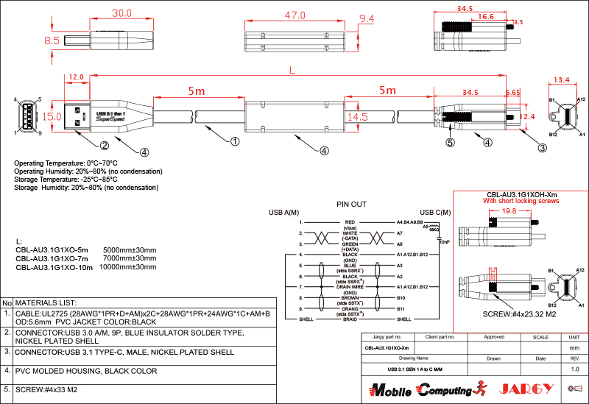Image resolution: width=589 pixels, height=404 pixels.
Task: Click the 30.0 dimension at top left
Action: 121,13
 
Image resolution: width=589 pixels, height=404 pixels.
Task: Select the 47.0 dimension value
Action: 294,15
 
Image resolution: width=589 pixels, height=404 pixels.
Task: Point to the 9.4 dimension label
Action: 366,18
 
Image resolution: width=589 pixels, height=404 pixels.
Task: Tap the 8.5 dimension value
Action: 52,41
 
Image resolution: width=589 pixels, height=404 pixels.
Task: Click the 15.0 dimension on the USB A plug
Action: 52,116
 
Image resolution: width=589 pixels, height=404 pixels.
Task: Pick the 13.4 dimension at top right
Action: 562,79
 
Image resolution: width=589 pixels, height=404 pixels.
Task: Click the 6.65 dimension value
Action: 513,93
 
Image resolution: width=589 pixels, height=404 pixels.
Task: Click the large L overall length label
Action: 293,70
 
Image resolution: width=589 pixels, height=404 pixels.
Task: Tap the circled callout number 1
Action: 235,141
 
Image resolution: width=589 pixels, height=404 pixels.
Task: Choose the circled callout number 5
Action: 450,143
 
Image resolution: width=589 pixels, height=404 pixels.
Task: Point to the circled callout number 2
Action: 105,145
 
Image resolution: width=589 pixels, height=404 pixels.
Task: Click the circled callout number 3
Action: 542,148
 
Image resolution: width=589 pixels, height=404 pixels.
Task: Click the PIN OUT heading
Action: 351,203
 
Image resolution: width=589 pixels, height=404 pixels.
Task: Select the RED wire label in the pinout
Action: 350,221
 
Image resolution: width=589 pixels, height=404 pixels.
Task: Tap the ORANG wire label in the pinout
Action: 350,310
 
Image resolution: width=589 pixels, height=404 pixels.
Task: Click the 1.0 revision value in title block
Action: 575,369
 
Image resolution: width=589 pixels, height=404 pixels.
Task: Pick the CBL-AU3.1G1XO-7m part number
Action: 52,259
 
